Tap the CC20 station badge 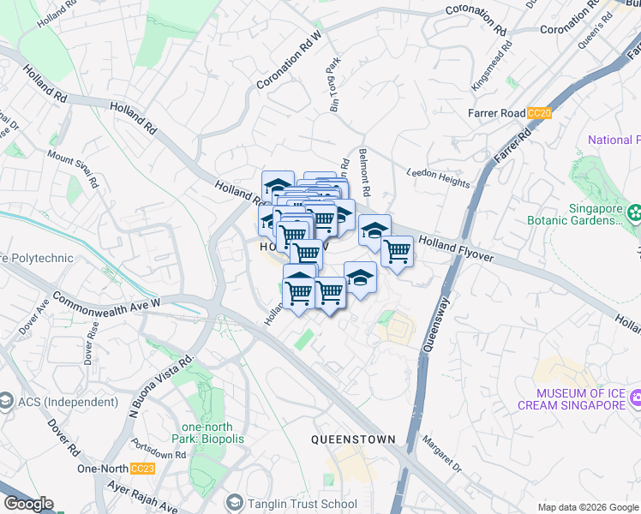pyautogui.click(x=539, y=113)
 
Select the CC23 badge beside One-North pyautogui.click(x=142, y=469)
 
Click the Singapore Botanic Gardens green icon pyautogui.click(x=635, y=212)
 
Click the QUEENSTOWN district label pyautogui.click(x=353, y=439)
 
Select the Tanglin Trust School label pyautogui.click(x=291, y=504)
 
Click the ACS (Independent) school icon pyautogui.click(x=5, y=402)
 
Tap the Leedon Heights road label pyautogui.click(x=438, y=177)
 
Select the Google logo pyautogui.click(x=27, y=505)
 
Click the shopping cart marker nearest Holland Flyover pyautogui.click(x=397, y=251)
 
